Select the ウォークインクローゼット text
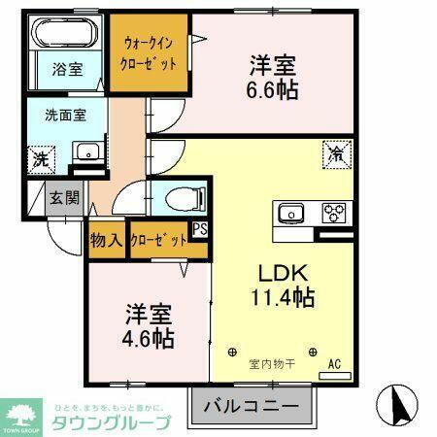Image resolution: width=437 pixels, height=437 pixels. coord(148,52)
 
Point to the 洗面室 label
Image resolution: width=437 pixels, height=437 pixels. coord(65,114)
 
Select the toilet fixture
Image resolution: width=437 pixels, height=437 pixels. coord(179,199)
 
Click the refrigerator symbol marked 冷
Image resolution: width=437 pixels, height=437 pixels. coord(334,152)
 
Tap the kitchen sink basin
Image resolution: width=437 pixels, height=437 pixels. coord(291,213)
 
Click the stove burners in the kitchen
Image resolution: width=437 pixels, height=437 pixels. coord(335,213)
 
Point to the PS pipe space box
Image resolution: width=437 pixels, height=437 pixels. coord(199,230)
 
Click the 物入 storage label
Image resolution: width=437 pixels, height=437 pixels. coord(106,240)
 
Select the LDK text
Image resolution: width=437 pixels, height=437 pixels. coord(279,272)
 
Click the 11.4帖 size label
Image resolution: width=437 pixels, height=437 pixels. coord(281,297)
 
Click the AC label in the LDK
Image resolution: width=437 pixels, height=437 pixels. coord(334,364)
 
